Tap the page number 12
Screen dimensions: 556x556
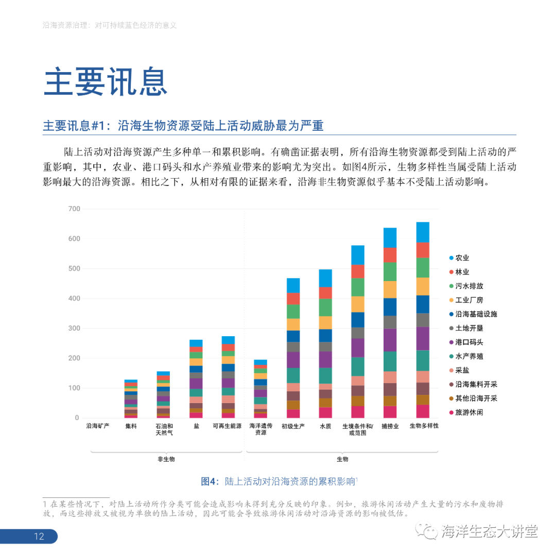(39, 536)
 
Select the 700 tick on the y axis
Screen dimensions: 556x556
(74, 208)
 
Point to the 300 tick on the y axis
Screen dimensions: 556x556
(74, 328)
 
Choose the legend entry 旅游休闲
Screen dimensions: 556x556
(465, 412)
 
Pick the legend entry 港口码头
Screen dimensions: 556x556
(465, 342)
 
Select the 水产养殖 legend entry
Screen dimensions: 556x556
(465, 356)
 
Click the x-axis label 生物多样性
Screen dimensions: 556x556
(424, 426)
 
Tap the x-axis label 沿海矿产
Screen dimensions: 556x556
(98, 426)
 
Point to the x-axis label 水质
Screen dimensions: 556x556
(325, 426)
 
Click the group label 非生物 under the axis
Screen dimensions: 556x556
(166, 459)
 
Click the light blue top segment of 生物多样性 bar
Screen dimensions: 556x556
(423, 232)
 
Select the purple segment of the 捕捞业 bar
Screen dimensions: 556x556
(390, 340)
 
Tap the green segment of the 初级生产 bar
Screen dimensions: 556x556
(293, 311)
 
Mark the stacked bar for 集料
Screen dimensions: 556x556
(131, 398)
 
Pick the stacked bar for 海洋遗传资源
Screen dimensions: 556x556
(260, 389)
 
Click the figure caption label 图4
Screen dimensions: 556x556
(210, 482)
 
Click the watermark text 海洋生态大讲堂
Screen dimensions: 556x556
(489, 531)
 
